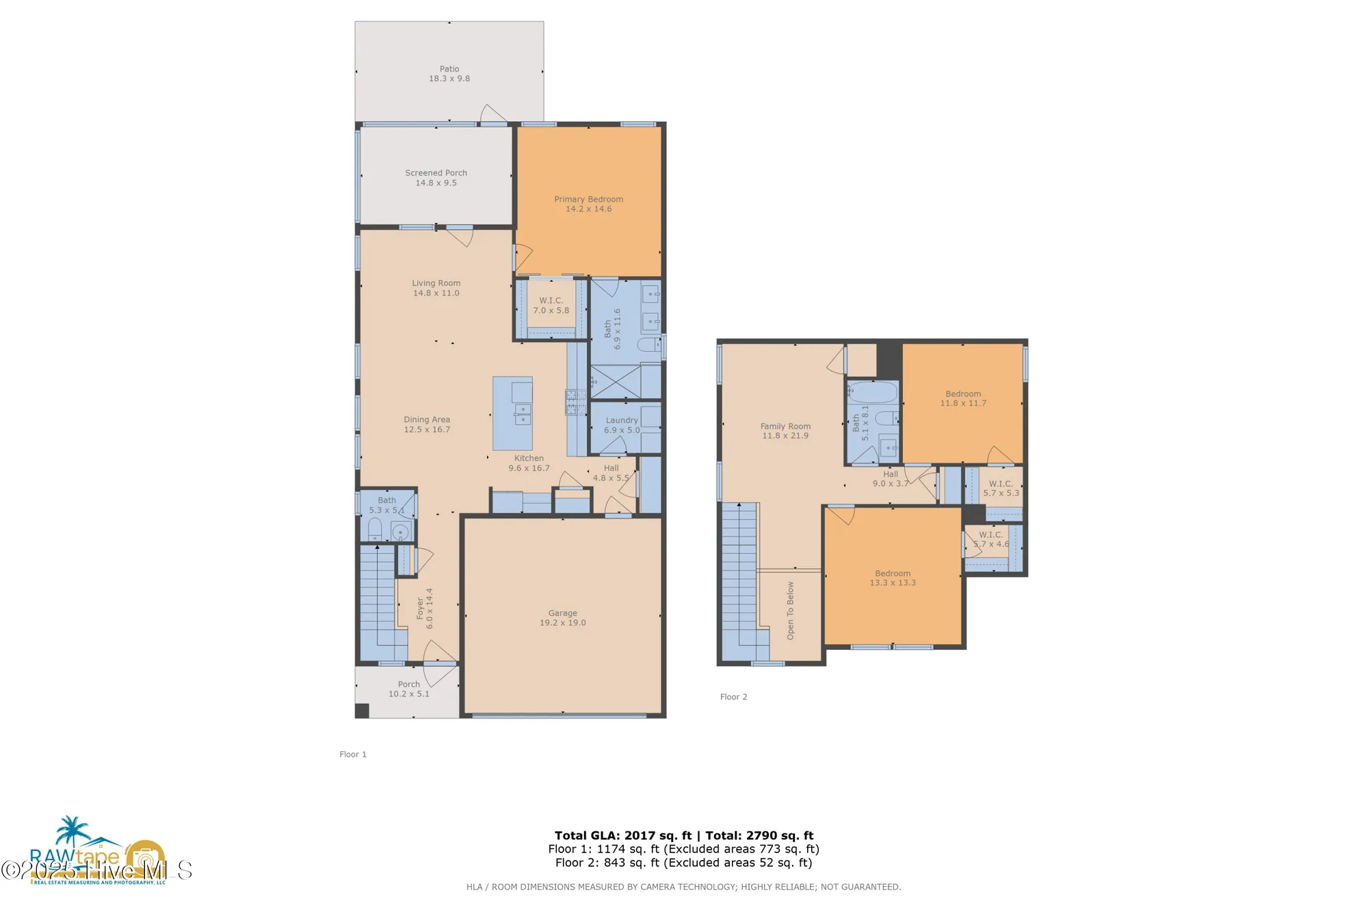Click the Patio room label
[x=449, y=69]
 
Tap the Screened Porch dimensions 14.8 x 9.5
[x=436, y=183]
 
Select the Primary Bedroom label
[x=588, y=199]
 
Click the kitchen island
[x=512, y=413]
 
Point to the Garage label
[x=562, y=613]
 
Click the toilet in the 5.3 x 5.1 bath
[x=375, y=529]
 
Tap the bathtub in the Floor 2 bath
[x=873, y=392]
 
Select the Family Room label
[x=785, y=426]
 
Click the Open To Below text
[x=791, y=610]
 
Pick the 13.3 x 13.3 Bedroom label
[x=893, y=573]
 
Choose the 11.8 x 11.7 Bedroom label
[x=963, y=394]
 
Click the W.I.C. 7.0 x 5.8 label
[x=551, y=300]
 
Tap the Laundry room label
[x=622, y=420]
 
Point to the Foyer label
[x=420, y=609]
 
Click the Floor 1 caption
[x=353, y=754]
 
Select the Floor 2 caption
[x=733, y=696]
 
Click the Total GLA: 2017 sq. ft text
[x=622, y=835]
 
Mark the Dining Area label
[x=427, y=419]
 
